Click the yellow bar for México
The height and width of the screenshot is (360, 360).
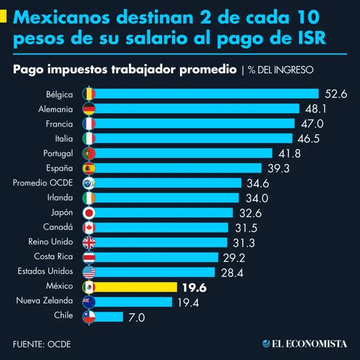(136, 287)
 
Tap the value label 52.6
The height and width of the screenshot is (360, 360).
(336, 94)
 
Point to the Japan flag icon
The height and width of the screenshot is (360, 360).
(89, 213)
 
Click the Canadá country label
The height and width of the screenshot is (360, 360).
(58, 227)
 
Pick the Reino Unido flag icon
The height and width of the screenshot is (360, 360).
(89, 242)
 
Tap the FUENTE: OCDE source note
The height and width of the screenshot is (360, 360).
(42, 345)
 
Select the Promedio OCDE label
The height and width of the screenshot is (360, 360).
(43, 183)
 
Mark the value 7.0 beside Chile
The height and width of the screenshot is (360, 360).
(137, 317)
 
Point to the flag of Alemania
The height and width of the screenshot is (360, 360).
(89, 109)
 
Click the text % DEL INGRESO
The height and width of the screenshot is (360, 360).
(281, 70)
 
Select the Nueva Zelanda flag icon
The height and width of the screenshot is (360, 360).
(89, 301)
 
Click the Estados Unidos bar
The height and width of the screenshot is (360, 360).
(155, 272)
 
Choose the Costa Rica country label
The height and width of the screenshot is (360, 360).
(53, 256)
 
